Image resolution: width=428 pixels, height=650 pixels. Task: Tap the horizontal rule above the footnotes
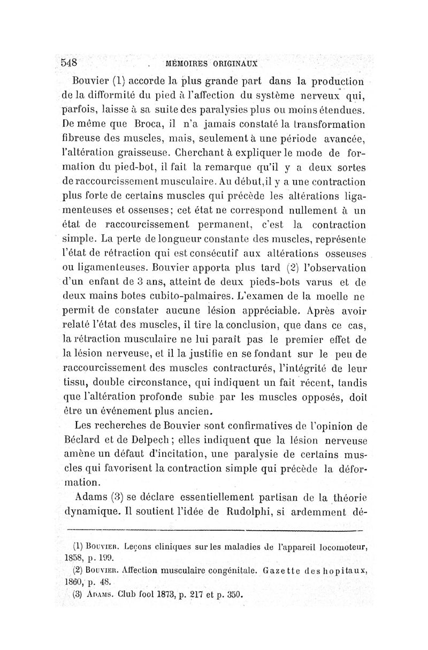point(214,530)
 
